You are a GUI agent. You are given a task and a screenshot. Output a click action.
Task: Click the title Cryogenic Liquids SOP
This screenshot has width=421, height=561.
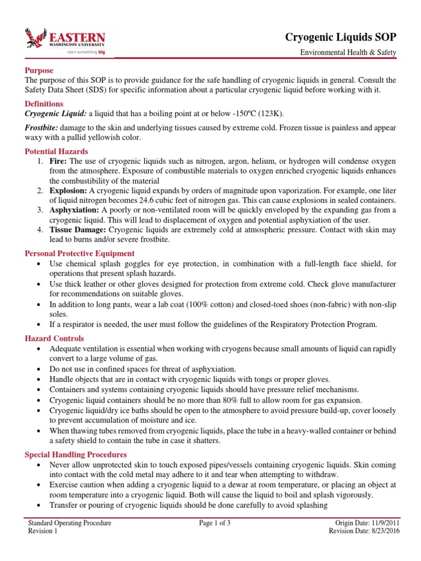340,37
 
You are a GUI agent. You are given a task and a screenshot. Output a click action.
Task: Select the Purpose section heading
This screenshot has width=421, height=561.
39,71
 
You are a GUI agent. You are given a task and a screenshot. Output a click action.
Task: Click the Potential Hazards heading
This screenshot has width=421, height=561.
56,151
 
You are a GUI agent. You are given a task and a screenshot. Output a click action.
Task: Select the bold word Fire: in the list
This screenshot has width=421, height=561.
59,161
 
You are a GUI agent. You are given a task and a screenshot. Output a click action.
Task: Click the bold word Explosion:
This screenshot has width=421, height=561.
68,191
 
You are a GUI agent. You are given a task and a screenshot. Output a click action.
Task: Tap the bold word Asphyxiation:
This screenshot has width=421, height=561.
73,210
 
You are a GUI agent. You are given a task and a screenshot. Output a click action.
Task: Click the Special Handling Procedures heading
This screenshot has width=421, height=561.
76,455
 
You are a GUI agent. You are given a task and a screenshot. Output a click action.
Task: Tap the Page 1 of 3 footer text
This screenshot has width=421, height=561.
215,523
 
